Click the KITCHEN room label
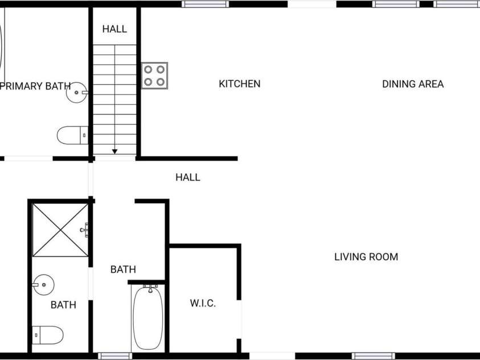point(239,84)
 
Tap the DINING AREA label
point(413,84)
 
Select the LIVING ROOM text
point(366,257)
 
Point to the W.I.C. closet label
point(203,304)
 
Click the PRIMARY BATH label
point(35,86)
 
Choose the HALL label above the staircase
point(114,29)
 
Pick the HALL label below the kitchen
point(188,177)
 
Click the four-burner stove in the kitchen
point(155,76)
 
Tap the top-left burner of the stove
point(148,69)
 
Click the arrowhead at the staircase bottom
point(115,152)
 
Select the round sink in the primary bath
point(77,92)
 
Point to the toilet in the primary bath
point(72,135)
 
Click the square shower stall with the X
point(60,230)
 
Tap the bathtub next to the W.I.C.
point(148,318)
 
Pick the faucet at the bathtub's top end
point(150,288)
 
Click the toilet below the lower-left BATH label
point(48,335)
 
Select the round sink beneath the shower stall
point(43,285)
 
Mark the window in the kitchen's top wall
point(205,4)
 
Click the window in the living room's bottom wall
point(373,356)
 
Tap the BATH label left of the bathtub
point(123,269)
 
